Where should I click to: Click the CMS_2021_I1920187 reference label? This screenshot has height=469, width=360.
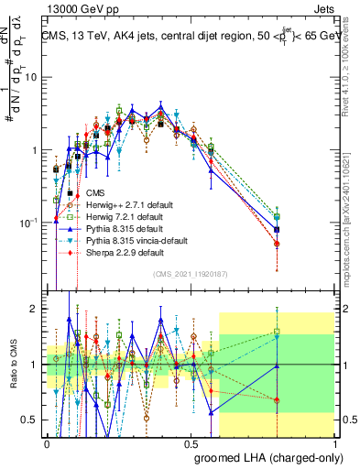(x=191, y=273)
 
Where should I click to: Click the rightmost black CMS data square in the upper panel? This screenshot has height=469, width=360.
(x=278, y=229)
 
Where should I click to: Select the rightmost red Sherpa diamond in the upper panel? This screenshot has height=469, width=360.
(x=278, y=244)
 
